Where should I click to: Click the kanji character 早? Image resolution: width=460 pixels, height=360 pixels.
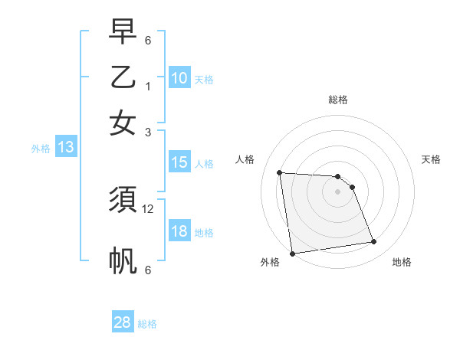pyautogui.click(x=123, y=33)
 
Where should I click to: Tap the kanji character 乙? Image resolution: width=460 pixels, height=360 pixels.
pyautogui.click(x=123, y=79)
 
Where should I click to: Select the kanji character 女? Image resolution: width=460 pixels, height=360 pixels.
pyautogui.click(x=123, y=123)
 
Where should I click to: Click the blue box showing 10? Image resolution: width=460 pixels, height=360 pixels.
pyautogui.click(x=179, y=77)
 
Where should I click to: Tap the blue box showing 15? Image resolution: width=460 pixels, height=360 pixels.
pyautogui.click(x=179, y=162)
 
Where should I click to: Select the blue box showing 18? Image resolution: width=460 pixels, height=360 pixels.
pyautogui.click(x=179, y=231)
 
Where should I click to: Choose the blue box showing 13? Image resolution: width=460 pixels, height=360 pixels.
pyautogui.click(x=65, y=148)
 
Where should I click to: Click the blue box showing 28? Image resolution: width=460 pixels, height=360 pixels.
pyautogui.click(x=123, y=322)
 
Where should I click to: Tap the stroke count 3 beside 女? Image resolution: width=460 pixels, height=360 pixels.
pyautogui.click(x=148, y=132)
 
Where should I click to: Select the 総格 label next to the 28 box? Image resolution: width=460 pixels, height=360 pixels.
pyautogui.click(x=147, y=324)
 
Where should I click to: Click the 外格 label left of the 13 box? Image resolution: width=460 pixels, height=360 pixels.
pyautogui.click(x=41, y=149)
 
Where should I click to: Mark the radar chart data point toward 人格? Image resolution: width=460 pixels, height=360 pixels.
pyautogui.click(x=280, y=172)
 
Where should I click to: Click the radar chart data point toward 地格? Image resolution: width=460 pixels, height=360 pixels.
pyautogui.click(x=373, y=242)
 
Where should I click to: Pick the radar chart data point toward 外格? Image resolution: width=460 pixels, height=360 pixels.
pyautogui.click(x=292, y=253)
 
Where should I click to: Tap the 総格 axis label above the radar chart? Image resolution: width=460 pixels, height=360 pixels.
pyautogui.click(x=338, y=100)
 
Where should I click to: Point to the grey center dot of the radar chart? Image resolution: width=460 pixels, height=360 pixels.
pyautogui.click(x=338, y=193)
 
